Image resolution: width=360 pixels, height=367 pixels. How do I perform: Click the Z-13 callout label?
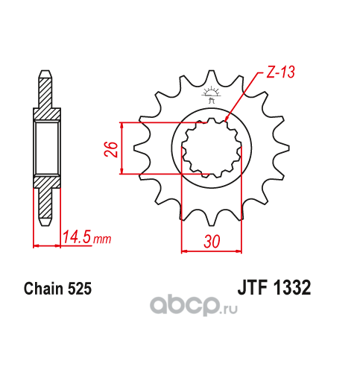(280, 72)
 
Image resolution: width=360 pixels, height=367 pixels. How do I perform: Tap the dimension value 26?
(111, 149)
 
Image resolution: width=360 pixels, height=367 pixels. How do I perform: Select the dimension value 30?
(212, 241)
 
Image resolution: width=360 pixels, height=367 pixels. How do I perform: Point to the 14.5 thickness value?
(76, 236)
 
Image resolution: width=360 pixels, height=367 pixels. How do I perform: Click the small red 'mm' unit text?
(102, 239)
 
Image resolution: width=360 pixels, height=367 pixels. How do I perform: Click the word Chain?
(43, 289)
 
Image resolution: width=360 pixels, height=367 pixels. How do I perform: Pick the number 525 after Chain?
(80, 289)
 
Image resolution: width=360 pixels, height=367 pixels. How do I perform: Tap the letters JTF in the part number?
(253, 287)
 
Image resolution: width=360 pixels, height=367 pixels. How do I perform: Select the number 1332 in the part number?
(292, 287)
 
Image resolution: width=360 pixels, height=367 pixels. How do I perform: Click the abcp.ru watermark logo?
(194, 306)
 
